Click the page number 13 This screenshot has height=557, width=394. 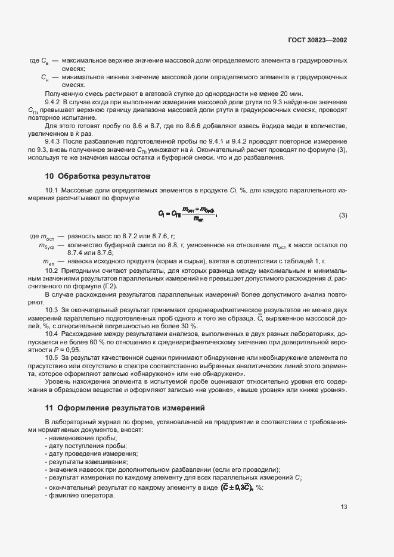344,507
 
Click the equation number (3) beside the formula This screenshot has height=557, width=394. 343,215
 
